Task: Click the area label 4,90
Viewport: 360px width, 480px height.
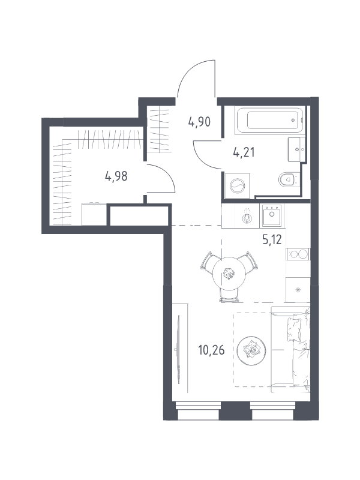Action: point(199,122)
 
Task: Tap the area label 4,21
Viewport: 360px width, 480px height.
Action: point(244,152)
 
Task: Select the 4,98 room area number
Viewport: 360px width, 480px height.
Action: point(116,176)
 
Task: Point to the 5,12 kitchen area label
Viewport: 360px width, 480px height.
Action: point(272,239)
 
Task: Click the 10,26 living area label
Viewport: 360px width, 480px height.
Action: point(212,350)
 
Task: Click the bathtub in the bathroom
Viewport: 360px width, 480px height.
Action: point(270,121)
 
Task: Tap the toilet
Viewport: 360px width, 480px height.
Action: point(288,179)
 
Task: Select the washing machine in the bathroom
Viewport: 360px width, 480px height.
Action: point(237,186)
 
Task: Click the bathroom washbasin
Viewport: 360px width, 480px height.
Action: point(296,149)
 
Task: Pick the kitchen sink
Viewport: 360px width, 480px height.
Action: point(271,215)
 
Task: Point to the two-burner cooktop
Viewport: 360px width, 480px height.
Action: point(298,254)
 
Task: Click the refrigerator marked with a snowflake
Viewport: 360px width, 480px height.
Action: point(298,289)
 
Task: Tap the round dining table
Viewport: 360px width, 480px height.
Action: point(229,274)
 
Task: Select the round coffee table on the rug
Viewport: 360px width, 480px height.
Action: point(251,350)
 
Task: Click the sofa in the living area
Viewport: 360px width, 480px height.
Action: point(290,349)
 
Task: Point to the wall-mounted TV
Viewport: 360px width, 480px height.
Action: point(178,349)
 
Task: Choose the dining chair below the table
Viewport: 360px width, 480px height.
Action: point(229,296)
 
